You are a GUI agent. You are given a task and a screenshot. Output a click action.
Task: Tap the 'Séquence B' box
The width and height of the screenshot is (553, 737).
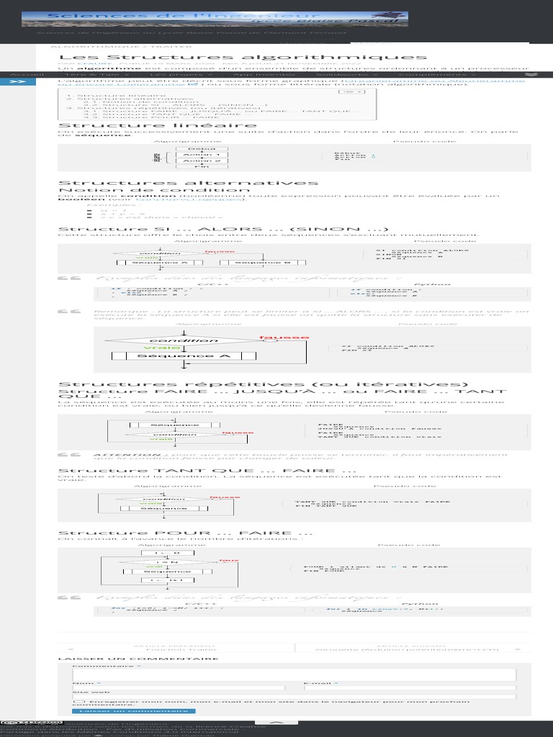point(264,263)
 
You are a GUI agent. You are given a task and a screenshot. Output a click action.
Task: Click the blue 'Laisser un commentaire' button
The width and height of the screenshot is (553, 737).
point(133,711)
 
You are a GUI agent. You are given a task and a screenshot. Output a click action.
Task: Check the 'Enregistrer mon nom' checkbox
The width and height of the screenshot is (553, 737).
point(77,700)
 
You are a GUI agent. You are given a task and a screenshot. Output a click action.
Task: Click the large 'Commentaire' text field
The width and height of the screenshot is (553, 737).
point(294,674)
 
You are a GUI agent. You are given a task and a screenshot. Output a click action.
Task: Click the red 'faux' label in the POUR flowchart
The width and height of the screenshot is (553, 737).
point(228,561)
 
